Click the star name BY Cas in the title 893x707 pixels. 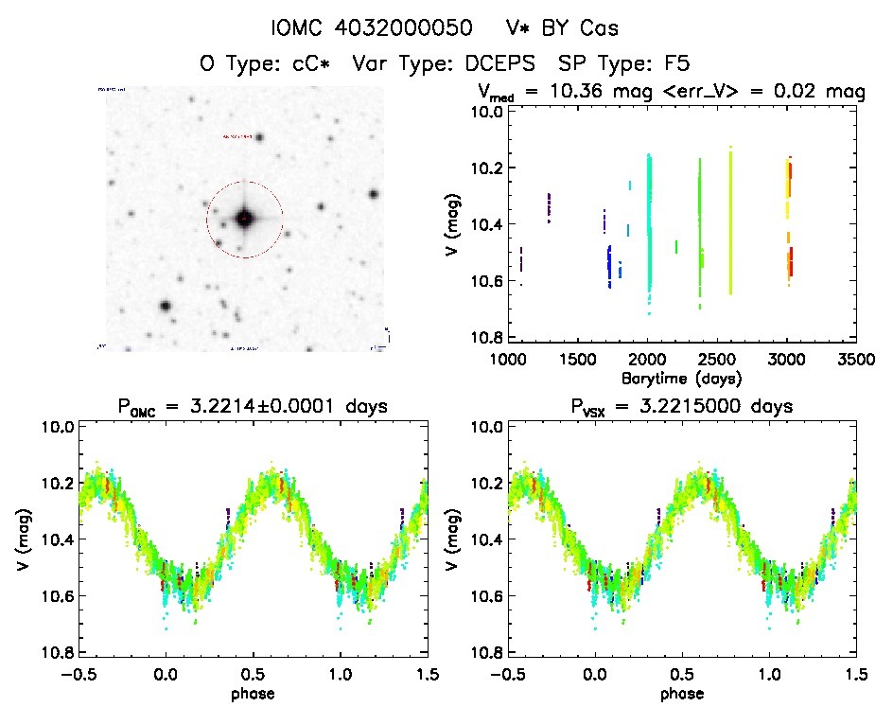pyautogui.click(x=588, y=28)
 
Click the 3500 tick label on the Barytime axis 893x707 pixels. pyautogui.click(x=856, y=360)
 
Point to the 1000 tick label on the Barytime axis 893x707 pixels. pyautogui.click(x=508, y=360)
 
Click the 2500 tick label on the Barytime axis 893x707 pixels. pyautogui.click(x=717, y=360)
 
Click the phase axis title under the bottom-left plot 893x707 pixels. pyautogui.click(x=253, y=693)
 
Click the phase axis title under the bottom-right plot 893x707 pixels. pyautogui.click(x=682, y=693)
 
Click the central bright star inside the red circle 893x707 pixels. pyautogui.click(x=245, y=219)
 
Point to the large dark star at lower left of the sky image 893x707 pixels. pyautogui.click(x=166, y=307)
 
